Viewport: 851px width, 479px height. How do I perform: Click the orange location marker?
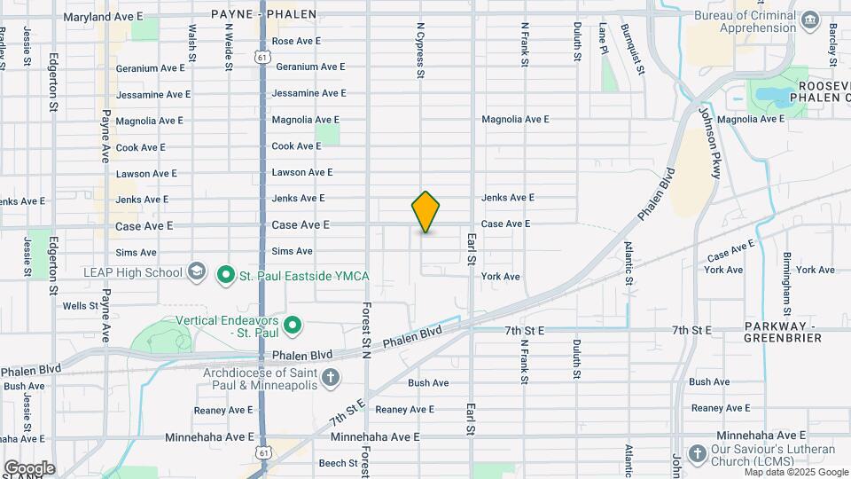coord(425,211)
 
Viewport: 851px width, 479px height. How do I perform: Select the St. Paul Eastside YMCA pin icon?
coord(225,276)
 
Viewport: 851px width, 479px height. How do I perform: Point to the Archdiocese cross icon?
coord(330,378)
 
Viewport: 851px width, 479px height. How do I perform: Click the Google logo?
coord(29,468)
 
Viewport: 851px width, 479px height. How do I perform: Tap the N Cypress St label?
coord(420,49)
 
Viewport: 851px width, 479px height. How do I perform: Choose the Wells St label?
coord(81,305)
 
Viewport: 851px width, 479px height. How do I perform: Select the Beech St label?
coord(338,463)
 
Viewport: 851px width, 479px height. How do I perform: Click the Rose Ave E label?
coord(296,41)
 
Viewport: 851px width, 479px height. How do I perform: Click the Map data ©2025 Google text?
coord(772,472)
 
